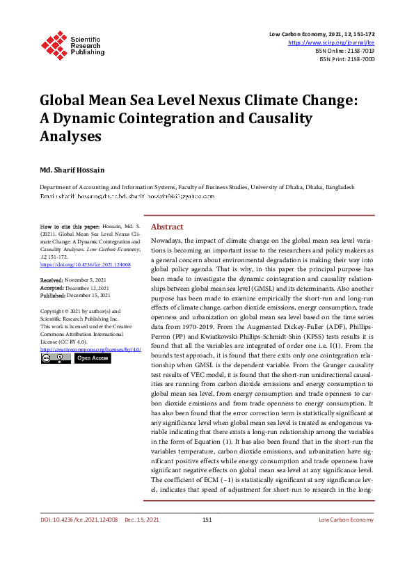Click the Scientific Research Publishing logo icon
point(54,43)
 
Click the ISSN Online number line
point(344,51)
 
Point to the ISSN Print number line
point(347,60)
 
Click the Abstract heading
point(167,227)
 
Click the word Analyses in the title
point(69,136)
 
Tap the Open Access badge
point(92,358)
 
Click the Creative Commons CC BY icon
point(56,358)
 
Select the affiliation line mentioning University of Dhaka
point(196,188)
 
